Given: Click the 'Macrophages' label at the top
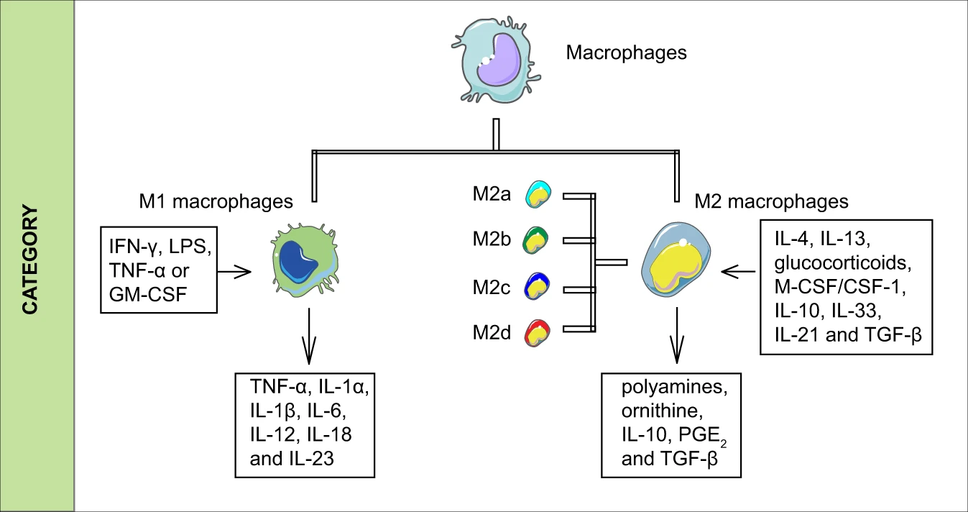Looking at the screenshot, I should click(626, 53).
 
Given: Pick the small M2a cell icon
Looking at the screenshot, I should click(539, 194).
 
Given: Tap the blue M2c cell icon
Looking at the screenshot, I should click(539, 286).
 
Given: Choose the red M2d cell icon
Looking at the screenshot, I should click(539, 333).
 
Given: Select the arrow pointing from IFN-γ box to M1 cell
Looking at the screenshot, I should click(234, 272).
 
